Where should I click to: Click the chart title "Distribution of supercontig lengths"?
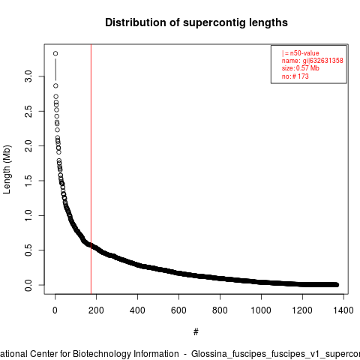tap(196, 22)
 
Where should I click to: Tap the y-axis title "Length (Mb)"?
tap(7, 169)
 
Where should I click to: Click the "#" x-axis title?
tap(196, 332)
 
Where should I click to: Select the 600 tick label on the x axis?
tap(178, 310)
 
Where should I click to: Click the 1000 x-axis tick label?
tap(261, 310)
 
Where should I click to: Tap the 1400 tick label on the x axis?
tap(343, 310)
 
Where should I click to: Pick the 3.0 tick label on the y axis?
tap(28, 76)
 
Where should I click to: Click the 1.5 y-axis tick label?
tap(28, 181)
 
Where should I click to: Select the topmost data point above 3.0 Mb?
tap(55, 53)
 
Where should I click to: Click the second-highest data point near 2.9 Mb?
tap(55, 85)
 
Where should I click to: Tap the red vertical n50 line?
tap(91, 169)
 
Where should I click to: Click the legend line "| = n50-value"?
tap(301, 53)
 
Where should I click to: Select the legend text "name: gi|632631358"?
tap(313, 61)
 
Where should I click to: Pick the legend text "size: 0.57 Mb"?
tap(301, 68)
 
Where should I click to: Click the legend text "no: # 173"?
tap(295, 76)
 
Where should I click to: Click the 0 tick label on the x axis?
tap(55, 310)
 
